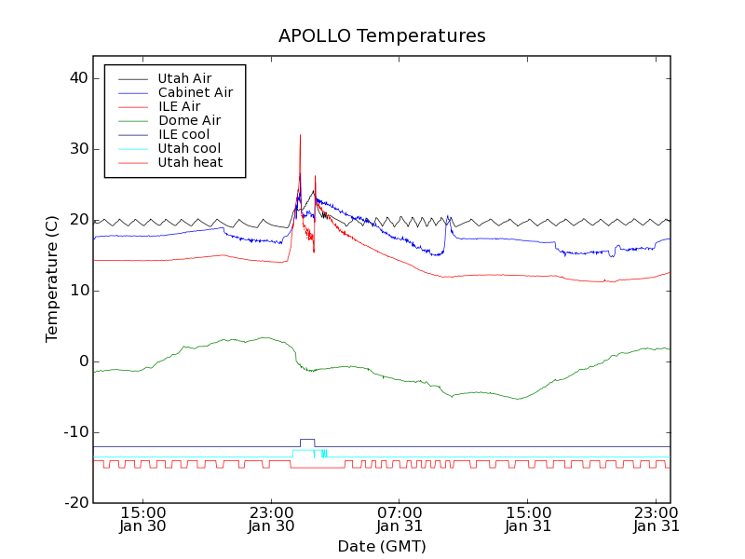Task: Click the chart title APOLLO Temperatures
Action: (382, 36)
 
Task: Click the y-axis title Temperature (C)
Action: (52, 279)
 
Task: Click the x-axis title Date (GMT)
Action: (382, 546)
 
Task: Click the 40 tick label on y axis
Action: (77, 78)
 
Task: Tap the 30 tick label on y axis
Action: (77, 149)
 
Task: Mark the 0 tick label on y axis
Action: (82, 361)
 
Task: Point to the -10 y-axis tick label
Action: (75, 432)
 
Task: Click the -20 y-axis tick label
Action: (75, 503)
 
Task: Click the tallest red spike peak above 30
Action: (300, 135)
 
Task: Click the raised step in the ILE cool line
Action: (307, 440)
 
